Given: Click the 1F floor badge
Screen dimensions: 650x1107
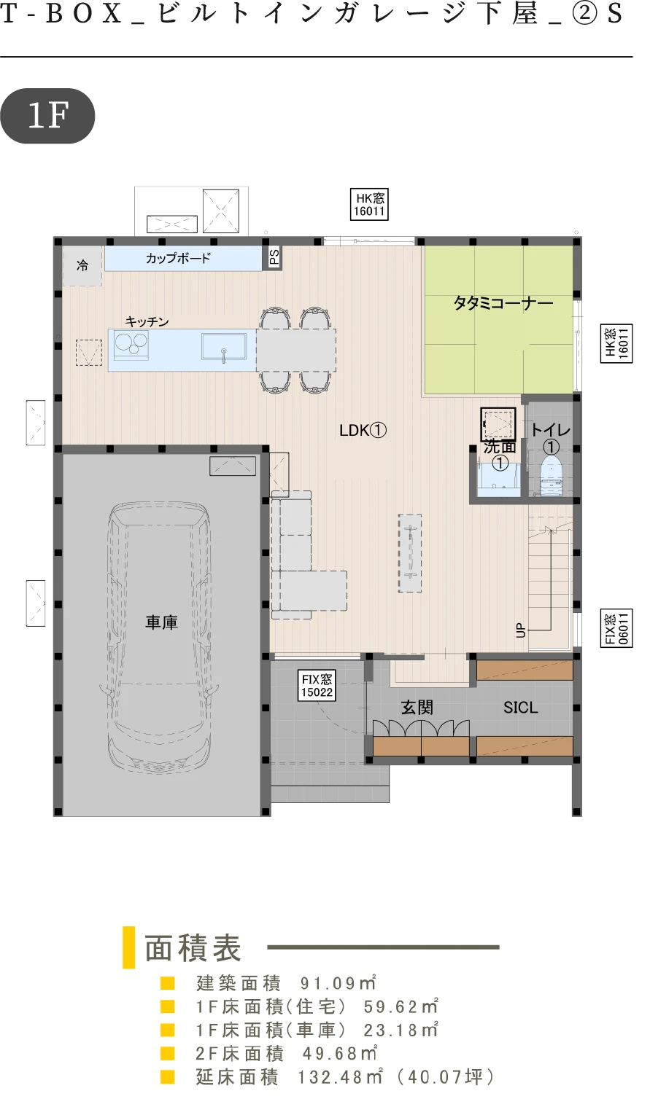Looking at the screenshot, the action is [x=47, y=116].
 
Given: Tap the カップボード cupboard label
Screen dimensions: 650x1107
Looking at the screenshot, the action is [x=178, y=258].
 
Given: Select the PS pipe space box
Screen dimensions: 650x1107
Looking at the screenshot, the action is [x=274, y=257].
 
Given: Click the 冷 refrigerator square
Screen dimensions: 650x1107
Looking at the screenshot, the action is [x=82, y=266].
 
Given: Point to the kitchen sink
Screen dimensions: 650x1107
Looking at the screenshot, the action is [x=223, y=346].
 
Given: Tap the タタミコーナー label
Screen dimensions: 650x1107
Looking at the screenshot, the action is [x=503, y=303].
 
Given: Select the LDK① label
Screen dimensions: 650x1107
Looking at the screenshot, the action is [x=363, y=431].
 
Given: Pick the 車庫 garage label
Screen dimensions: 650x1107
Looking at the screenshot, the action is [x=161, y=622].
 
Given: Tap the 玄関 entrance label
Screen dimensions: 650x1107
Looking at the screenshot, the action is [x=417, y=708].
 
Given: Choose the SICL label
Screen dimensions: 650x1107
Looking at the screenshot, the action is [x=520, y=708].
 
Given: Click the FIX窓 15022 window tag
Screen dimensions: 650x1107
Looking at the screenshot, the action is [x=317, y=686].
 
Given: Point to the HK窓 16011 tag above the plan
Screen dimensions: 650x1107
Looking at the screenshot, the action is [x=369, y=204].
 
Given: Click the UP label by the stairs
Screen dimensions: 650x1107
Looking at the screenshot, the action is [x=520, y=630].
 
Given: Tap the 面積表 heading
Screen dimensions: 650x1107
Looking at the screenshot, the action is [x=193, y=948].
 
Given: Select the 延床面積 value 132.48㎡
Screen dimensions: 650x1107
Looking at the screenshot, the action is [x=341, y=1077].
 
